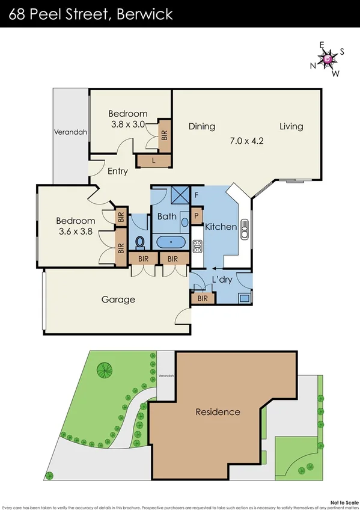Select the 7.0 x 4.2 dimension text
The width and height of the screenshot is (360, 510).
pyautogui.click(x=247, y=141)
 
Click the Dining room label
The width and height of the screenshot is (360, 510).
pyautogui.click(x=201, y=126)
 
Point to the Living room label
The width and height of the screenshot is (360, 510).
pyautogui.click(x=291, y=126)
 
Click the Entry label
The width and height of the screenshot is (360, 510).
pyautogui.click(x=118, y=171)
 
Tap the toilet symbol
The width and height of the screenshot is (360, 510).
pyautogui.click(x=140, y=241)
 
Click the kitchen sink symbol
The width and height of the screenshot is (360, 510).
pyautogui.click(x=245, y=229)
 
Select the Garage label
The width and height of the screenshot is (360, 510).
pyautogui.click(x=118, y=300)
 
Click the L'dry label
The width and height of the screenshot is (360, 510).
pyautogui.click(x=222, y=280)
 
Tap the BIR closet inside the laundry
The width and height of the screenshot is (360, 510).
pyautogui.click(x=203, y=298)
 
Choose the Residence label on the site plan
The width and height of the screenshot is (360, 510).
pyautogui.click(x=218, y=412)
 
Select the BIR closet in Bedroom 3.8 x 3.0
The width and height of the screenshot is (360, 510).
pyautogui.click(x=164, y=134)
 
